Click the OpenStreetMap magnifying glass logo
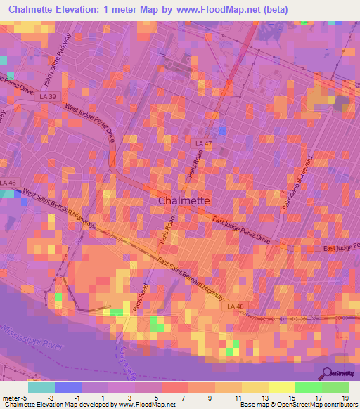point(328,372)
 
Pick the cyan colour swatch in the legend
point(41,387)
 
